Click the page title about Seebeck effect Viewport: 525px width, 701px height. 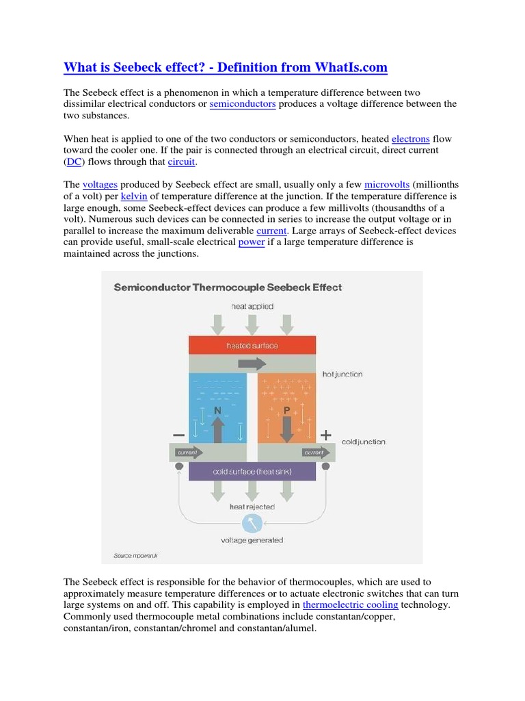[x=225, y=67]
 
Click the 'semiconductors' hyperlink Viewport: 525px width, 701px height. [x=243, y=104]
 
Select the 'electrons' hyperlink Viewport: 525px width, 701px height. [x=410, y=139]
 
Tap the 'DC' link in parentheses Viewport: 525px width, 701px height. [x=74, y=162]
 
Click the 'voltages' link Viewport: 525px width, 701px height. [x=100, y=185]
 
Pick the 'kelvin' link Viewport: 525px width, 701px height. [x=134, y=196]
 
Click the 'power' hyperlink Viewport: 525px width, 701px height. [x=251, y=242]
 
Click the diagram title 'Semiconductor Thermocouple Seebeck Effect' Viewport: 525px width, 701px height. [x=227, y=288]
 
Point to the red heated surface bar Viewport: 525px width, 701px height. [x=252, y=346]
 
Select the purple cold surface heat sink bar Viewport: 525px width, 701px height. [x=252, y=472]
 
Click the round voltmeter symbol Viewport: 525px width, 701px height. [x=252, y=523]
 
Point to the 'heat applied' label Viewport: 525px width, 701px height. [x=252, y=307]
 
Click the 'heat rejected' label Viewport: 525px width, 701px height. [x=252, y=507]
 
